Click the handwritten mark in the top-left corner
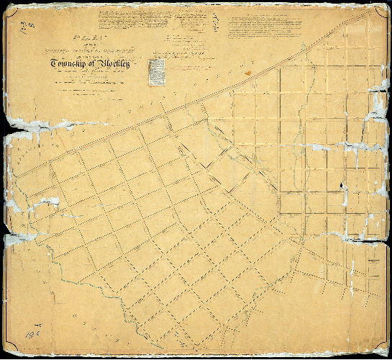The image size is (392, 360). click(29, 26)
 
